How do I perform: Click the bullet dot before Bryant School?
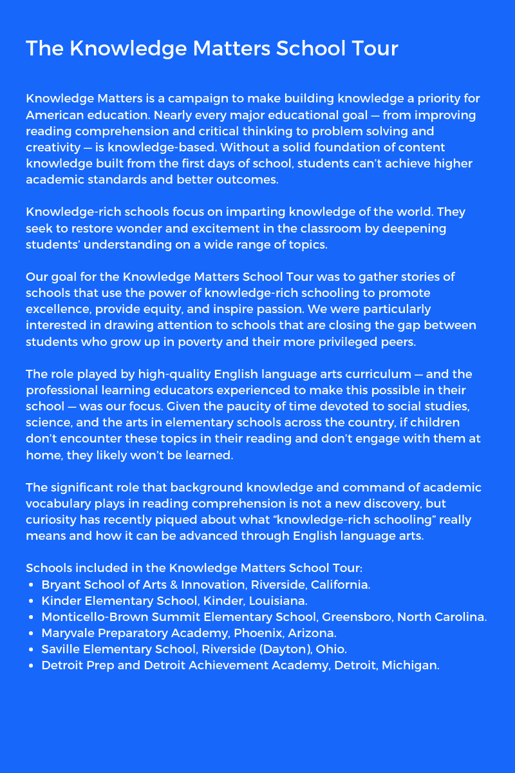32,585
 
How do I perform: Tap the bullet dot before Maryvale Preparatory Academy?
32,633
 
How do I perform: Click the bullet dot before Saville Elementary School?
32,649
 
